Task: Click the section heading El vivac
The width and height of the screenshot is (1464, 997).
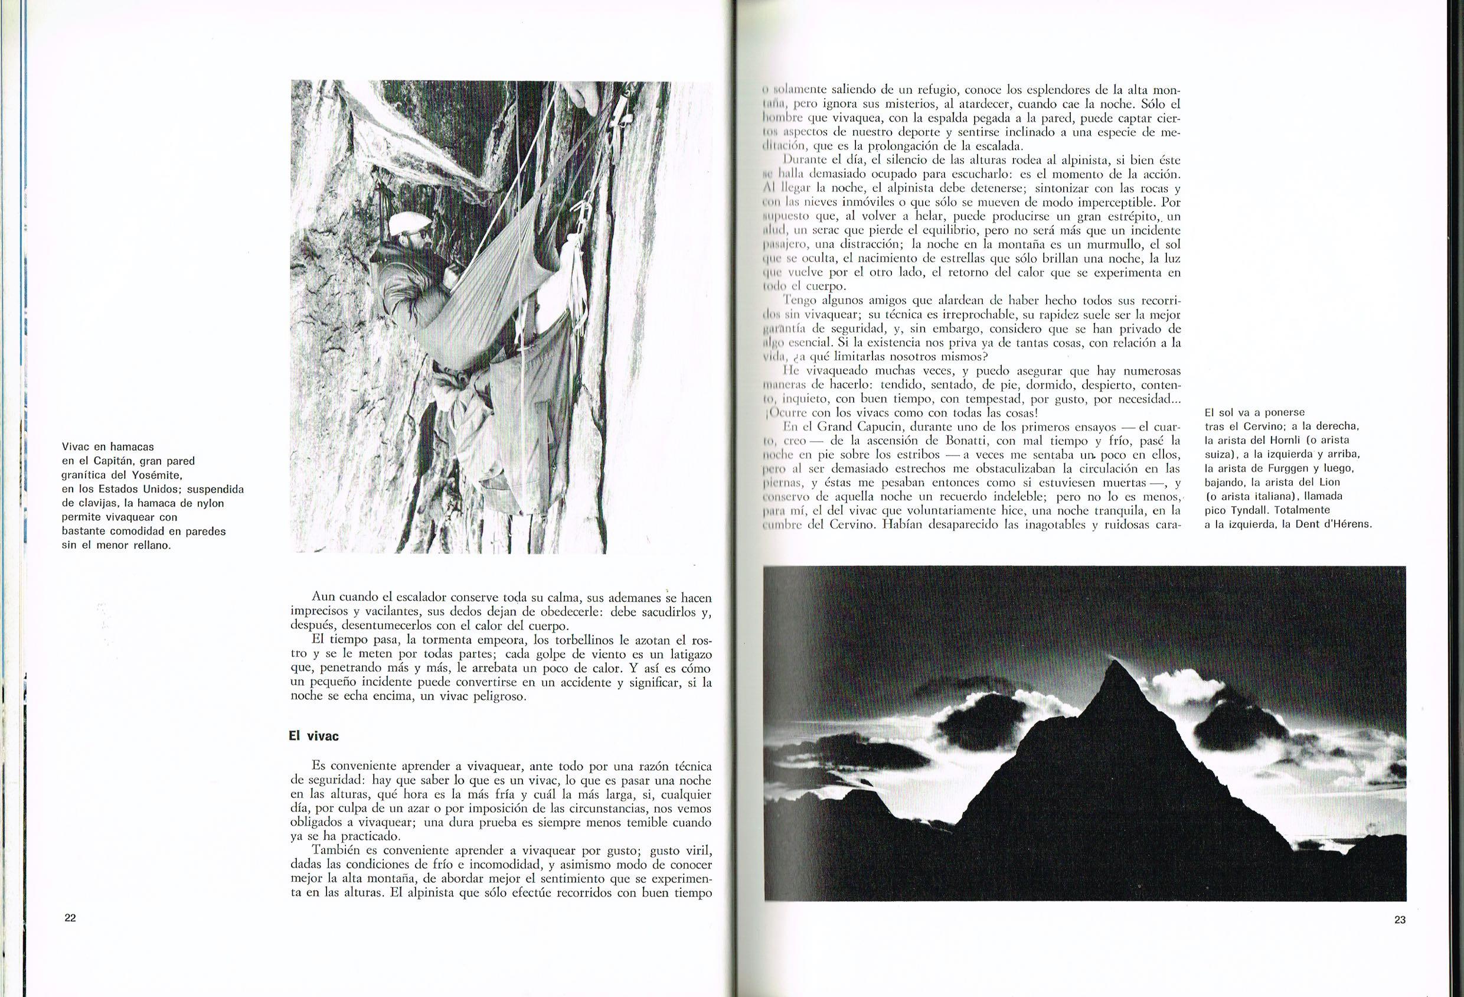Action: (309, 735)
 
